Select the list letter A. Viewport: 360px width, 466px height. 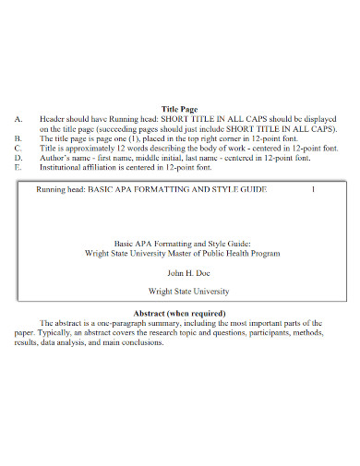click(x=18, y=120)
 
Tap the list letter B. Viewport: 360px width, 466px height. click(x=18, y=139)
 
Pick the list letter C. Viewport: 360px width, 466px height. click(x=18, y=149)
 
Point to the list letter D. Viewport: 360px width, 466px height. click(x=18, y=159)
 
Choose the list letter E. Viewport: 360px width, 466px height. click(x=18, y=168)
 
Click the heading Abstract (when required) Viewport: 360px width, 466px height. click(x=180, y=313)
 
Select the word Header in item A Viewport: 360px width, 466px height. click(x=53, y=120)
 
